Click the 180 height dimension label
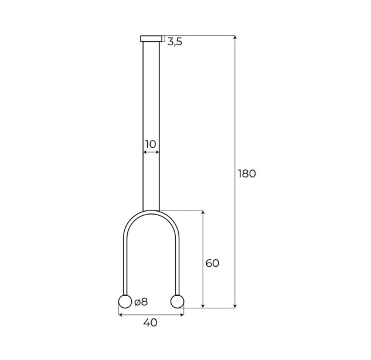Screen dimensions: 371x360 247,174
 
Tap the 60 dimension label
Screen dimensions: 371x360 212,263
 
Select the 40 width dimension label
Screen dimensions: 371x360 150,322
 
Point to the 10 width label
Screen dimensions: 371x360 151,144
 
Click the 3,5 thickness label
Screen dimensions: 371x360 175,42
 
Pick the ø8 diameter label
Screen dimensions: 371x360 141,302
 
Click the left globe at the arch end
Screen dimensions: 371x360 125,301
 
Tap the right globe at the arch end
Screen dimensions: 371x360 177,301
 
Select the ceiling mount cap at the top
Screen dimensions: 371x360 151,39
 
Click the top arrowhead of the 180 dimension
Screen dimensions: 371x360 234,37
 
